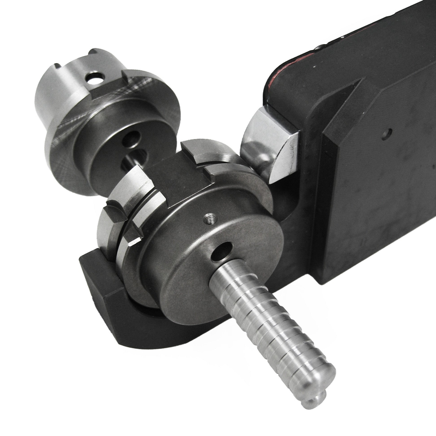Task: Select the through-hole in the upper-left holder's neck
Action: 95,80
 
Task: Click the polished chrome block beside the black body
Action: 270,145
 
